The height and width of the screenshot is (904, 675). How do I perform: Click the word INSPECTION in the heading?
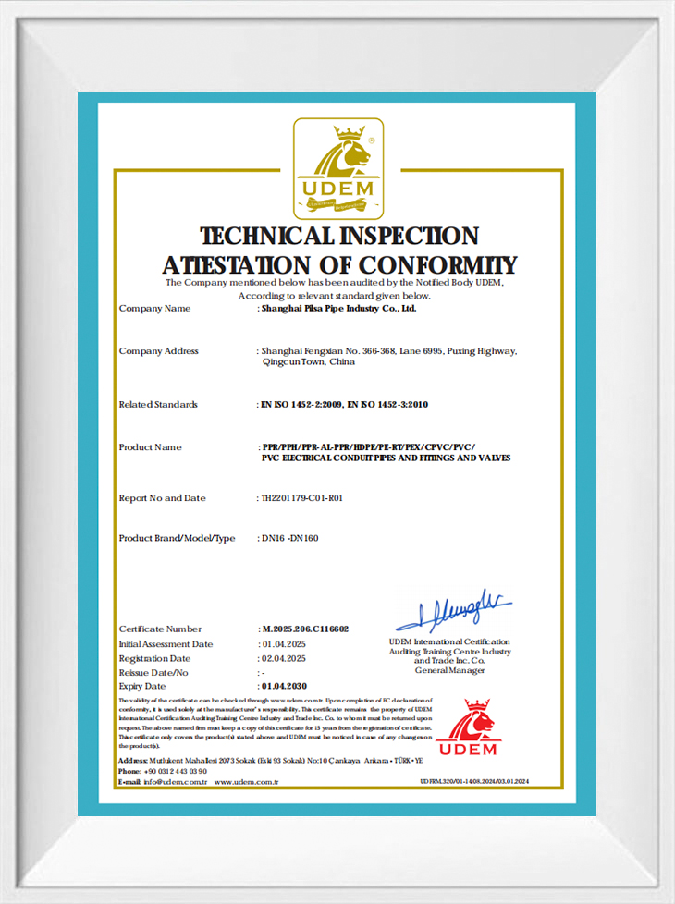pos(400,237)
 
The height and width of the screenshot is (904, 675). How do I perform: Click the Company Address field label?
pos(159,351)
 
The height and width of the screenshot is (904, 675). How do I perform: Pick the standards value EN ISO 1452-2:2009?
pos(298,405)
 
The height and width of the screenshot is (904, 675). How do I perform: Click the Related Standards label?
pos(158,405)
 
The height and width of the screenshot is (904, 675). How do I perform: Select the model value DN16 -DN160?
pos(290,538)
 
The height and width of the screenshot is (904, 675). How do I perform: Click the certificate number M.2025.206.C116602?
pos(305,629)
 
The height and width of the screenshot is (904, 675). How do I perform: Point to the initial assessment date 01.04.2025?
pos(283,644)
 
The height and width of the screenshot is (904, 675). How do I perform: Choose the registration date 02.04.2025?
pos(283,658)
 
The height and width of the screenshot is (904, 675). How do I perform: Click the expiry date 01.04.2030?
pos(284,687)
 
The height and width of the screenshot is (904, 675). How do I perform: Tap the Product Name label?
pos(151,447)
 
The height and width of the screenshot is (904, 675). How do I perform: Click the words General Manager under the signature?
pos(449,670)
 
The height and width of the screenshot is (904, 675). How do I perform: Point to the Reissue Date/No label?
pos(153,673)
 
